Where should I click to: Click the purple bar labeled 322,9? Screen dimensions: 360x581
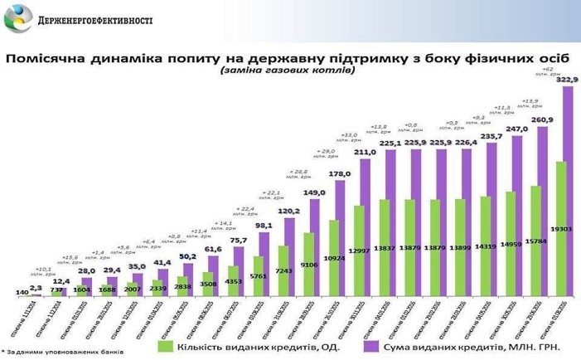pyautogui.click(x=567, y=191)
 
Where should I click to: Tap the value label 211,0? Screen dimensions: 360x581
pyautogui.click(x=366, y=152)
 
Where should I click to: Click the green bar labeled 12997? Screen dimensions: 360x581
pyautogui.click(x=358, y=249)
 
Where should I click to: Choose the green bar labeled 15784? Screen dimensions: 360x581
pyautogui.click(x=535, y=241)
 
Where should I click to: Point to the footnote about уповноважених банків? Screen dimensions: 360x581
pyautogui.click(x=62, y=353)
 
